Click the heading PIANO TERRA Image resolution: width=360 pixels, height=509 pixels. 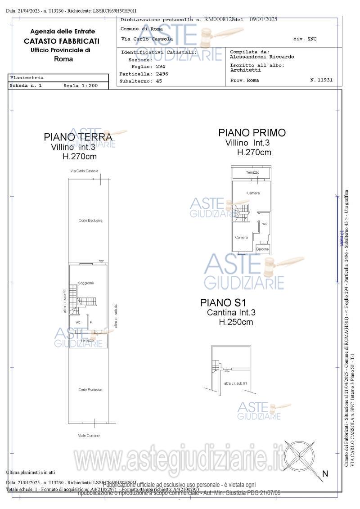coord(78,137)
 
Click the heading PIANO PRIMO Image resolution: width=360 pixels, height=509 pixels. coord(252,133)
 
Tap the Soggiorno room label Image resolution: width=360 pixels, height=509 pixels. coord(86,283)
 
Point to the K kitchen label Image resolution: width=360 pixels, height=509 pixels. coord(91,322)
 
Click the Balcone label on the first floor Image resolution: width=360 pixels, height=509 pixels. coord(262,249)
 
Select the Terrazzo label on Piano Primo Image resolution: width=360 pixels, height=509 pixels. coord(252,172)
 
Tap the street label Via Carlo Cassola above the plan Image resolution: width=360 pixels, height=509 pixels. coord(84,171)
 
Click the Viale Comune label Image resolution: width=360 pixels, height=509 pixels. coord(89,435)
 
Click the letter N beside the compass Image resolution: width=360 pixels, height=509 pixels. coord(325,473)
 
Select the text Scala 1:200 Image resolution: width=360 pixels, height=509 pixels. coord(80,85)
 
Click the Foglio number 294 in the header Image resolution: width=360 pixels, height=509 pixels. coord(161,67)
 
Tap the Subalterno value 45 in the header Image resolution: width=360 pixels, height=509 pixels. coord(159,81)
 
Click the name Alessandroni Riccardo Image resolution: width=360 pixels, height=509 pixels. coord(262,57)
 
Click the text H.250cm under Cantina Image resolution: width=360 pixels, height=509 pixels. coord(236,322)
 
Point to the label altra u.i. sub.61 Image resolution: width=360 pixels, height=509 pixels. coord(235,383)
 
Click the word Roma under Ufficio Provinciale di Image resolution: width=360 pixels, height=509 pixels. coord(63,59)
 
